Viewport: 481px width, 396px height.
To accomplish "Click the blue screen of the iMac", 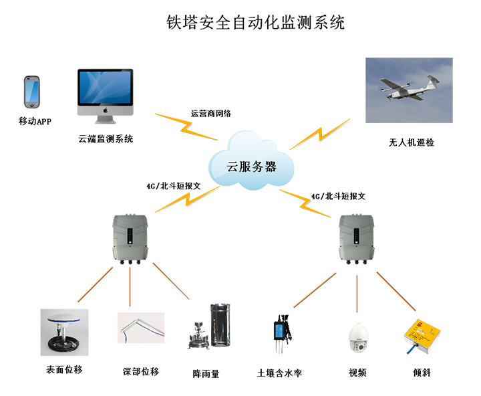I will click(105, 88).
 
